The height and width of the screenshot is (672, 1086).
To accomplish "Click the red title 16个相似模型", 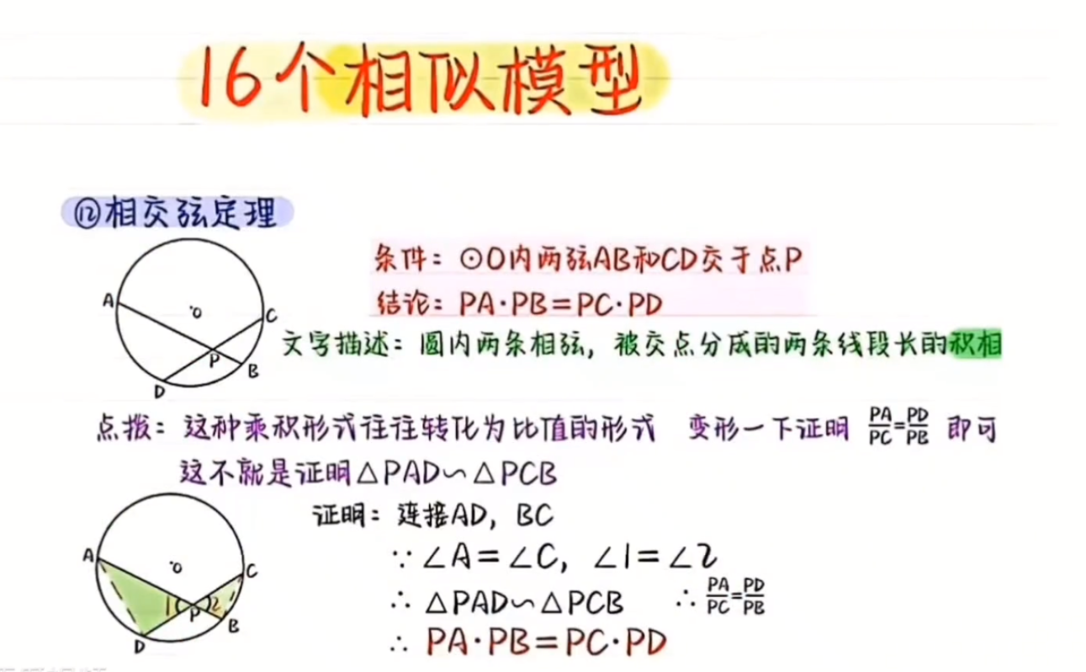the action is tap(421, 79).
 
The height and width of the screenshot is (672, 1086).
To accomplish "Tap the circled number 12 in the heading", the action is tap(87, 214).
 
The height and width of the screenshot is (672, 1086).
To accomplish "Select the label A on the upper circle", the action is tap(109, 301).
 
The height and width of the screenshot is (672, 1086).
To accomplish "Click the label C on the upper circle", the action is tap(271, 316).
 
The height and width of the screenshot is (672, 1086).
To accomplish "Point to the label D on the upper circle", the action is tap(160, 392).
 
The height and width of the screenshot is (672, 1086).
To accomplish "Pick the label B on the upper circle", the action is tap(252, 372).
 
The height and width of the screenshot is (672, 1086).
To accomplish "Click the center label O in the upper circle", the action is tap(196, 312).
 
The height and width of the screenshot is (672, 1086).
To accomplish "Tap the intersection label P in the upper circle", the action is tap(214, 360).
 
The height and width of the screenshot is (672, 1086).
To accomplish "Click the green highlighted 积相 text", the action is tap(976, 344).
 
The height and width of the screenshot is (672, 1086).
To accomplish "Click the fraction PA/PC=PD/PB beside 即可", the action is tap(898, 426).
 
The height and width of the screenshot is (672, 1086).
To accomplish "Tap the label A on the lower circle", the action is tap(88, 555).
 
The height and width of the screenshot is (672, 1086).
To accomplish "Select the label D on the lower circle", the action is tap(140, 647).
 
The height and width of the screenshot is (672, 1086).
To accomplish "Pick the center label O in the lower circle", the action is tap(176, 568).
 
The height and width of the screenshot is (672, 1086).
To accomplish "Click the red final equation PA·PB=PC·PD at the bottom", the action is tap(547, 642).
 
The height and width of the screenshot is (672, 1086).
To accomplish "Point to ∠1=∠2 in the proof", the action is tap(655, 557).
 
